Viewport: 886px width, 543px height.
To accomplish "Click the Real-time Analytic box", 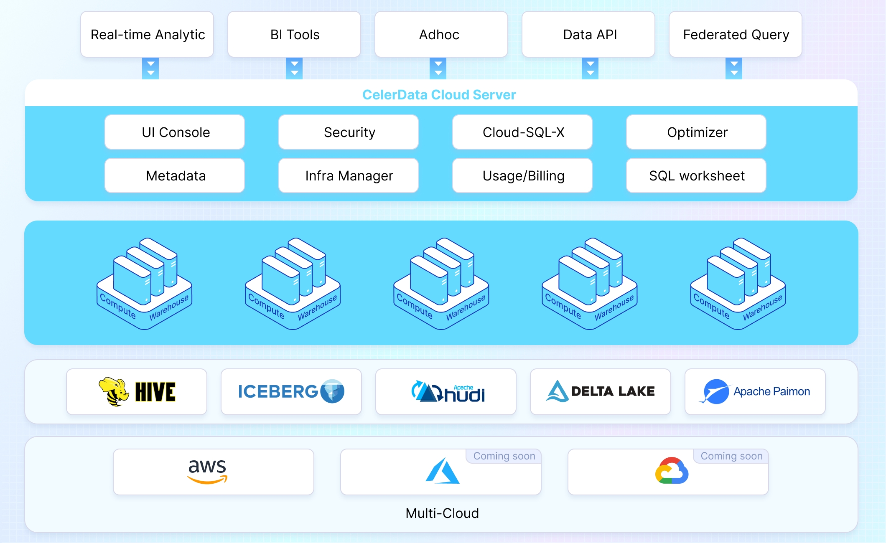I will click(x=147, y=34).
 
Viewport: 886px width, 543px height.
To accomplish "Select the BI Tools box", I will click(x=294, y=34).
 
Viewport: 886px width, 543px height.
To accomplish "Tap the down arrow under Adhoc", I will click(x=438, y=69).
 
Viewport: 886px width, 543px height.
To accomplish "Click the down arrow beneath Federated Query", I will click(x=734, y=69).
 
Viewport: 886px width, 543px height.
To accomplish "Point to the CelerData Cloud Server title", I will click(x=439, y=95).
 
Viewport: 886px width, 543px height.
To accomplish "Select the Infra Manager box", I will click(x=349, y=176).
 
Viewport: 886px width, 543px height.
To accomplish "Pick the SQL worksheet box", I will click(x=696, y=176).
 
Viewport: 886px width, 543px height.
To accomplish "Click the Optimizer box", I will click(x=696, y=132).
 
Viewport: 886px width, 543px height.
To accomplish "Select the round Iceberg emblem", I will click(x=332, y=391).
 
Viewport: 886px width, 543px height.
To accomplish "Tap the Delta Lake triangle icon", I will click(x=557, y=391).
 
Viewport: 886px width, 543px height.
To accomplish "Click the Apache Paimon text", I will click(x=771, y=391).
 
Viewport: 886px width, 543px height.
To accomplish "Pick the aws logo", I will click(x=207, y=471).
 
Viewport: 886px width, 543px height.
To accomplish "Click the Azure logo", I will click(x=442, y=471).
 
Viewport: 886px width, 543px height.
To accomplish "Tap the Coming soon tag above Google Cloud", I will click(x=731, y=456).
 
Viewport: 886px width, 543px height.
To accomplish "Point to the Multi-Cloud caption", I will click(x=442, y=513).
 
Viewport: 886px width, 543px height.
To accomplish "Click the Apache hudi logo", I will click(x=448, y=392).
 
